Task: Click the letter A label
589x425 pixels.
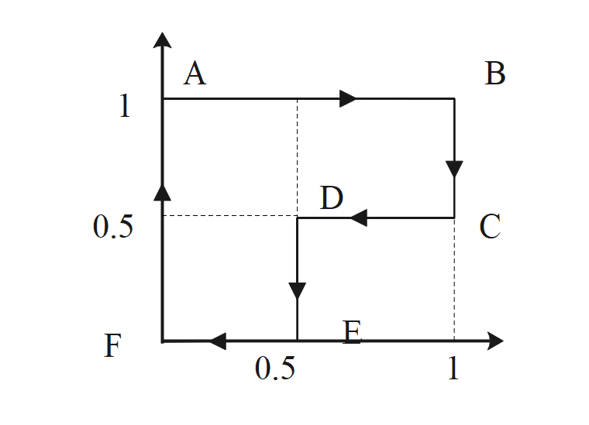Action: pos(195,75)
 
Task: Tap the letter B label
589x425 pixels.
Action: pos(495,75)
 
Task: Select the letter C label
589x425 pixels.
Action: pos(491,228)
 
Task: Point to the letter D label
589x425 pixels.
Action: pos(332,199)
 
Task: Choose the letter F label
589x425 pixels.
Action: pos(113,346)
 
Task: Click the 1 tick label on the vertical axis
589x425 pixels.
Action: pos(125,106)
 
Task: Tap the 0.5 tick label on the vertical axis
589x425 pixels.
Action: pos(113,228)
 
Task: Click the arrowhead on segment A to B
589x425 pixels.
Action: pos(348,98)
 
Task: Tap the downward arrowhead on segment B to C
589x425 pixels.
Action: pos(454,169)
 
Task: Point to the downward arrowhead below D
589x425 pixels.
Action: pos(298,291)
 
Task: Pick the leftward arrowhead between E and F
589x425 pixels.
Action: pos(217,341)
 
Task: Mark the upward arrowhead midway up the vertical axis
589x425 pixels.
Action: pos(162,192)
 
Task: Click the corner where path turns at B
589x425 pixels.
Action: pos(454,98)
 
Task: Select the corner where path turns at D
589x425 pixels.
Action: pos(298,218)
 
